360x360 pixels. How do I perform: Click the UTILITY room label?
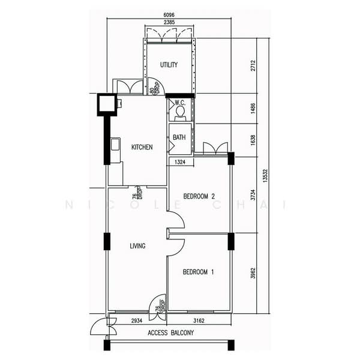[169, 65]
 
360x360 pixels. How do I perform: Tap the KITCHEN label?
[142, 147]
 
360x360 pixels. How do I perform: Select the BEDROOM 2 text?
[199, 196]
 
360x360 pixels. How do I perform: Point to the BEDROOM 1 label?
[199, 272]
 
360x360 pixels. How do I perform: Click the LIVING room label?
[138, 246]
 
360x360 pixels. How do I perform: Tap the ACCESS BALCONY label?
[171, 332]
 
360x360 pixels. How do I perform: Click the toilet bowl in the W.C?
[180, 112]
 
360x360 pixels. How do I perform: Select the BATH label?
[179, 137]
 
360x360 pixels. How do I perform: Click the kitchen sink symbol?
[115, 144]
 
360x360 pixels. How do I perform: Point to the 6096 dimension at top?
[169, 15]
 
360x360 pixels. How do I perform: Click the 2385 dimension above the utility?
[169, 22]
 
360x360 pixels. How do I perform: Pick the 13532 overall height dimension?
[265, 176]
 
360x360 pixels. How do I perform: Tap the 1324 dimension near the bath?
[180, 162]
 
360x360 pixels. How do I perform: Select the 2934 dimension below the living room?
[137, 321]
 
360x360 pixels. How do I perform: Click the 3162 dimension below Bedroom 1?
[199, 321]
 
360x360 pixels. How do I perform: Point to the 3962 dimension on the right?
[253, 273]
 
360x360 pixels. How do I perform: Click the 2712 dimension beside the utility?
[253, 65]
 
